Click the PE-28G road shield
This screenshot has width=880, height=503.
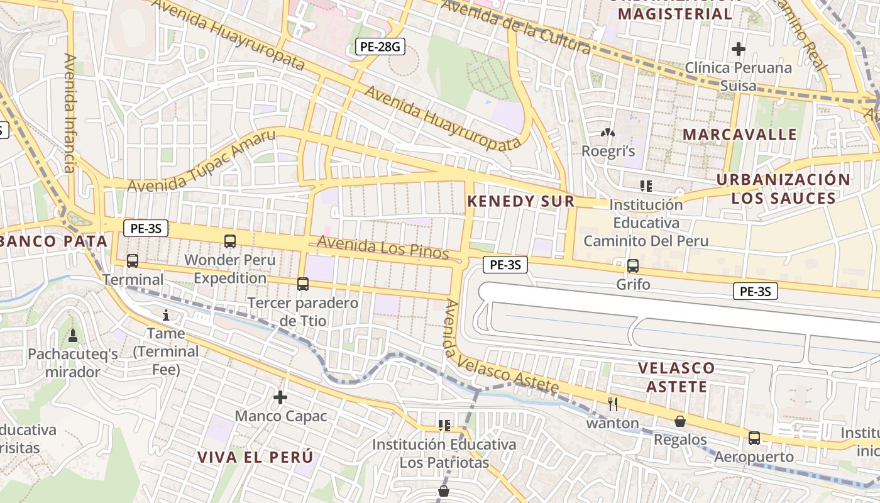[380, 46]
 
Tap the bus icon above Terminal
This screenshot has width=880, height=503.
[132, 260]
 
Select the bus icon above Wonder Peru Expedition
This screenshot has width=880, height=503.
[230, 241]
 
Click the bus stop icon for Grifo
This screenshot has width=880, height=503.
[633, 266]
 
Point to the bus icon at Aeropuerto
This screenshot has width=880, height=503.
[754, 438]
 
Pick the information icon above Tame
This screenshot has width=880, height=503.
[167, 315]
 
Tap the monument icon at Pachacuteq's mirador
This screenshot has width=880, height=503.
[73, 336]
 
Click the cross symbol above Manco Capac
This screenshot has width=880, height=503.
[280, 397]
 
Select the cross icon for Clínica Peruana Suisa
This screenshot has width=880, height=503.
[739, 48]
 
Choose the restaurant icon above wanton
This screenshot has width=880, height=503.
[613, 404]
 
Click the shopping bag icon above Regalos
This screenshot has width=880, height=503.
[679, 421]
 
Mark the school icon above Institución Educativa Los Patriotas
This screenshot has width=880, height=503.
[444, 426]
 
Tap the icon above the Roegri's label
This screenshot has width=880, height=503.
[607, 133]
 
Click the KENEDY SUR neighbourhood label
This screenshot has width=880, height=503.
[521, 201]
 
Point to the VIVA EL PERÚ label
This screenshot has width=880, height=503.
[255, 457]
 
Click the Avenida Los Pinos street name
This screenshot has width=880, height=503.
[383, 248]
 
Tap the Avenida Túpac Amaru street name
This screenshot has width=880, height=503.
[202, 162]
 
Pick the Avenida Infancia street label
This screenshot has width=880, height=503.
[70, 113]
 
